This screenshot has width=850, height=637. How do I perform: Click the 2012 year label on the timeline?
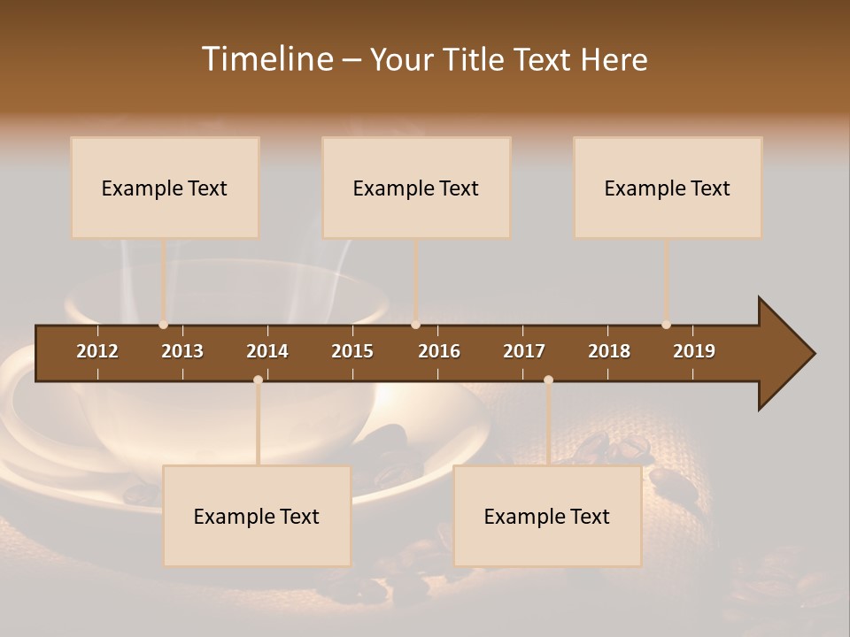coord(97,351)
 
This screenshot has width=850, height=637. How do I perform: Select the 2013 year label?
coord(182,351)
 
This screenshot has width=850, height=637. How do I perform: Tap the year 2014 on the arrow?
coord(267,351)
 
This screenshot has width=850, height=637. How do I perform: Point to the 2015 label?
coord(352,351)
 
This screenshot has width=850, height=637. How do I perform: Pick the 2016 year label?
coord(439,351)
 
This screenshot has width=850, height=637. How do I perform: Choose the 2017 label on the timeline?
coord(524,351)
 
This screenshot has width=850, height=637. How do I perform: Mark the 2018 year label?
coord(609,351)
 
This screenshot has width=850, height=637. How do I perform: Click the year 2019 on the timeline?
coord(694,351)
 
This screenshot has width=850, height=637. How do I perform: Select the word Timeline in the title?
coord(267,59)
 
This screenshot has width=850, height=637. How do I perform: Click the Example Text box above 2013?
coord(165,188)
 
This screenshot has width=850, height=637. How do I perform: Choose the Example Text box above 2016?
coord(416,188)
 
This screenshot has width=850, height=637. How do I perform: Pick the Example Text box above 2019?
coord(668,188)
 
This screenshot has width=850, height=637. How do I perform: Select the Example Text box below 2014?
coord(257,516)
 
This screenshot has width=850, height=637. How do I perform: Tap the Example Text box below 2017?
coord(547,516)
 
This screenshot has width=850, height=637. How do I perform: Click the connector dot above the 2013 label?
coord(163,325)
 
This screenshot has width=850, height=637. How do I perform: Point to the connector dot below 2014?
coord(258,380)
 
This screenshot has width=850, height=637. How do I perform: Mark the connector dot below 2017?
coord(548,380)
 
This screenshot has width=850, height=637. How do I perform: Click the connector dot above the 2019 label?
coord(666,325)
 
